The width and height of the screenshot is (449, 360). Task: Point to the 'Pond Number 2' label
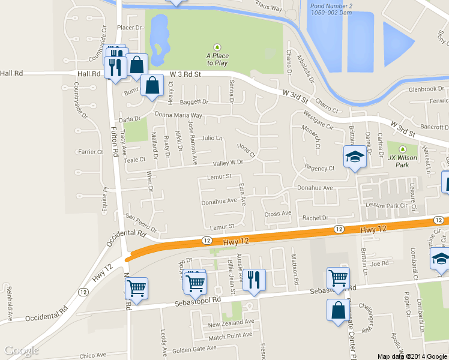331,8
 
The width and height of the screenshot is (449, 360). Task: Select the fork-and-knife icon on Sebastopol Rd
255,280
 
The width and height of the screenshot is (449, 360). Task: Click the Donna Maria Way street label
178,115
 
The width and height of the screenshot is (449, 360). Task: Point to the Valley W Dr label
228,163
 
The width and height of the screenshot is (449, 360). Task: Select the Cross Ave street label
277,214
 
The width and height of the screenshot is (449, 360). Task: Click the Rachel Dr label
316,218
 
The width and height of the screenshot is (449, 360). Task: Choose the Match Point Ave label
231,335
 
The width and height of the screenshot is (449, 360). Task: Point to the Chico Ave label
92,355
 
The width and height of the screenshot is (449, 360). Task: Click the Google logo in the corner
22,350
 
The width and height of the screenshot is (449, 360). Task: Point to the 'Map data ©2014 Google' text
412,356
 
